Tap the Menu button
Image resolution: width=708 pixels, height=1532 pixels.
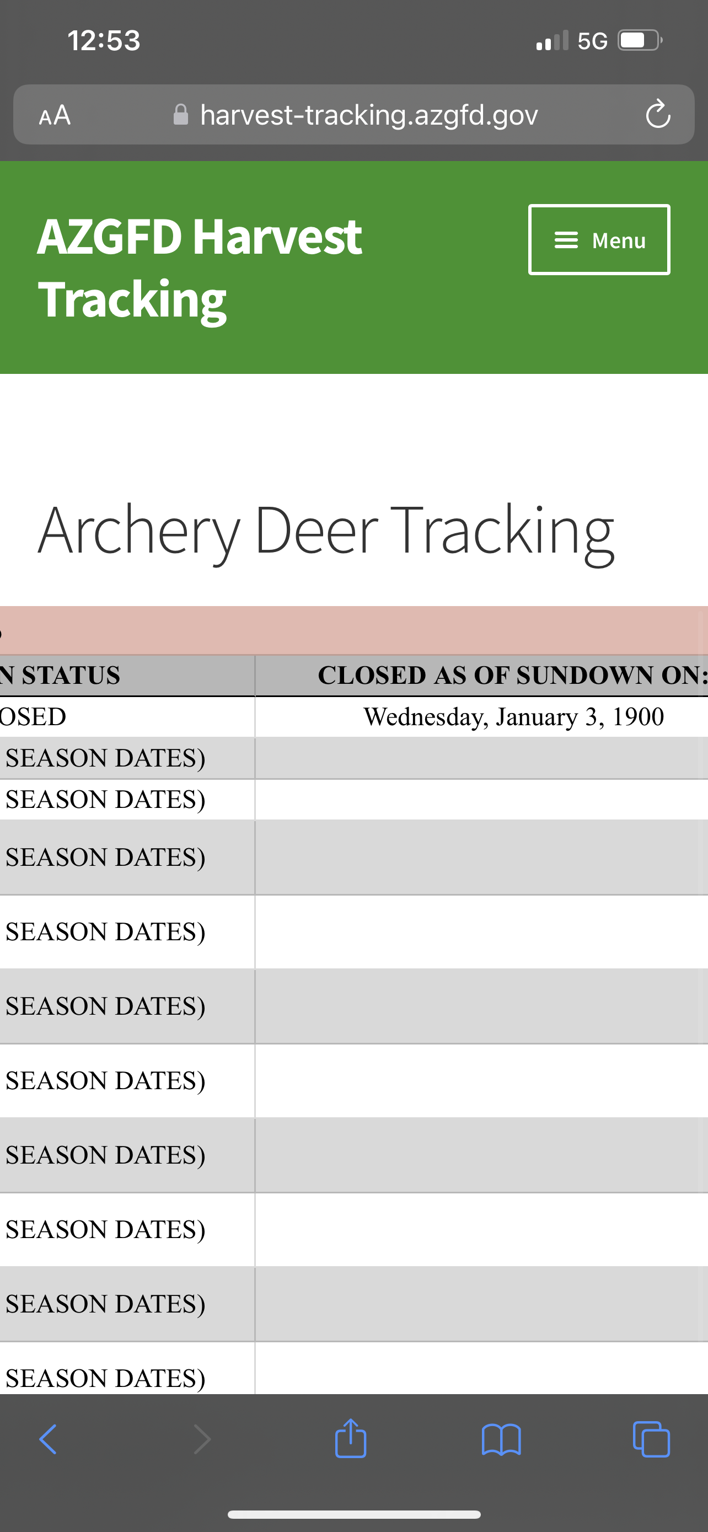599,240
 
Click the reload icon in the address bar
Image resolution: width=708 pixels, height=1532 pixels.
658,114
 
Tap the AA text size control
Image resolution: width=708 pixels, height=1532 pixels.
55,115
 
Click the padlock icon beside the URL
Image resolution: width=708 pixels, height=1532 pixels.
181,115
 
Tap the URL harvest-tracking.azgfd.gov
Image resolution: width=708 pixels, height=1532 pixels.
369,115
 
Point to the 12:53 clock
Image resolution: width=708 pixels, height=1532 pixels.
104,40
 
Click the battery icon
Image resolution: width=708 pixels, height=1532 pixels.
640,40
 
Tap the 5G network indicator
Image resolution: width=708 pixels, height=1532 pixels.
593,41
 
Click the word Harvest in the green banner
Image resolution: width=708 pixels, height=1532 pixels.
277,237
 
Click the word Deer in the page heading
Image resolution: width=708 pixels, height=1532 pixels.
317,529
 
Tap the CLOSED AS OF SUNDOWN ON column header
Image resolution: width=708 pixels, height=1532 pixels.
513,675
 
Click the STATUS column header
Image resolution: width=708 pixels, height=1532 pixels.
71,675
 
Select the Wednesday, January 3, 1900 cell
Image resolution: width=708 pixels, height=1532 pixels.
513,716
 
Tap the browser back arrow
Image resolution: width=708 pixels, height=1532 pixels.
47,1439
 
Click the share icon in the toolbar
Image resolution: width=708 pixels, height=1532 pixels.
351,1438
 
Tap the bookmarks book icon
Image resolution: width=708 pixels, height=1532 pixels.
501,1439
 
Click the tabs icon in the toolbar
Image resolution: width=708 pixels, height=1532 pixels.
652,1439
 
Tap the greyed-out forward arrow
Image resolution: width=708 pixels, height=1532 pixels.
203,1439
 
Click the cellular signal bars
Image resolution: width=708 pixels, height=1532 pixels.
553,40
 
